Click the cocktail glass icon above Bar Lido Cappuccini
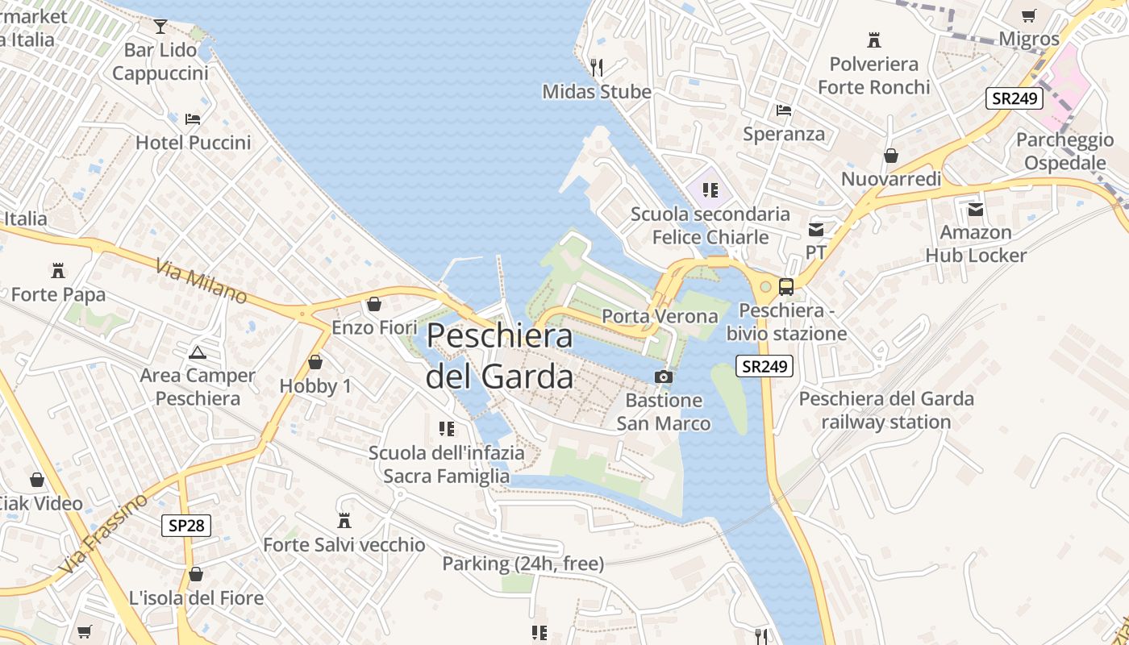pos(160,27)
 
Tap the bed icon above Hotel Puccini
pos(193,119)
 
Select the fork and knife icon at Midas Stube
pos(597,67)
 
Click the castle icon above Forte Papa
pos(57,270)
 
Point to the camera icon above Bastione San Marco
pos(663,377)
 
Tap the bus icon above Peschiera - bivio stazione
pos(785,286)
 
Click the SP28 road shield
pos(185,526)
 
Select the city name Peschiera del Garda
pos(500,356)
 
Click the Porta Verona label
pos(660,316)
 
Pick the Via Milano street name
pos(201,281)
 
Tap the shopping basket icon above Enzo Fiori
pos(373,304)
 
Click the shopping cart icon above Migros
pos(1028,15)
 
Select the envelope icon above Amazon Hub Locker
pos(976,210)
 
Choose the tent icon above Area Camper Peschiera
pos(197,352)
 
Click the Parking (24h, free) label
pos(523,564)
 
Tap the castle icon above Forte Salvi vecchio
pos(344,521)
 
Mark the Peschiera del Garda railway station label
pos(886,410)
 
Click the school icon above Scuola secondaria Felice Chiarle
pos(710,190)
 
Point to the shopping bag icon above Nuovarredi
pos(891,156)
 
